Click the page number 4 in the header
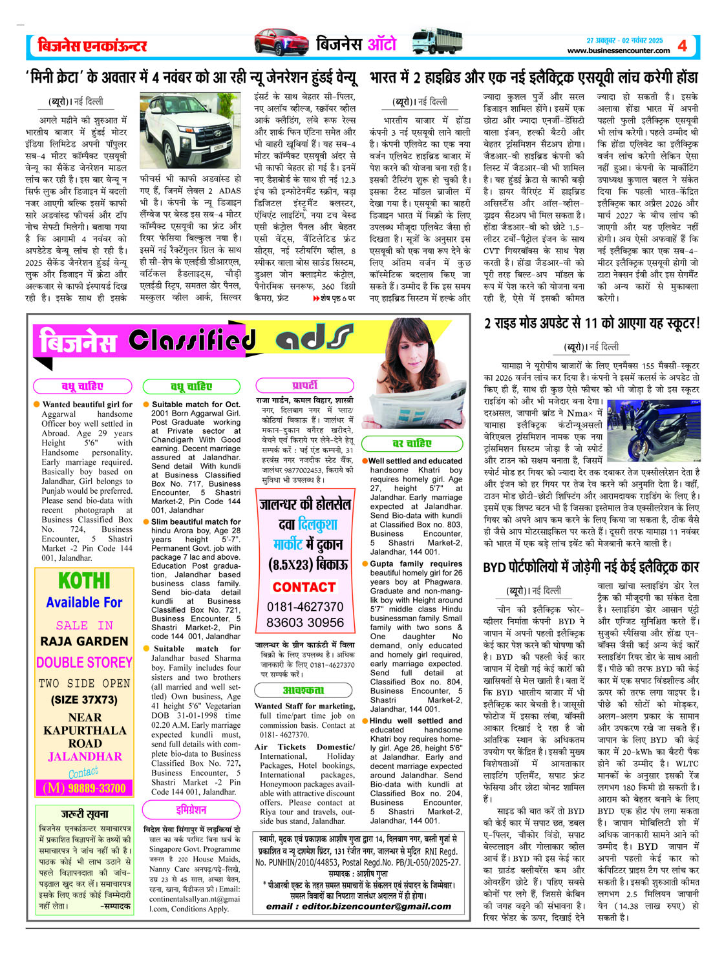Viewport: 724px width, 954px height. click(683, 45)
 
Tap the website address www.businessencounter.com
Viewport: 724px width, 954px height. click(618, 50)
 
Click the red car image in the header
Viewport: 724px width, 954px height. click(281, 43)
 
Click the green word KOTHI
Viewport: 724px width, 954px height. click(84, 580)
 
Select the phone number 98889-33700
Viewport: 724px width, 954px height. click(84, 788)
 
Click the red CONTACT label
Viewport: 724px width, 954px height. click(304, 587)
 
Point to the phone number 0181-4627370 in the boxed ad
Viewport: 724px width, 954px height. click(305, 606)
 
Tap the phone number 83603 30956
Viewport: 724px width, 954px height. click(305, 622)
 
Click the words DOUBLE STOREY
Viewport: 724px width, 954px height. click(84, 662)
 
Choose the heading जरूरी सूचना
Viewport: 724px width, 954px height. click(85, 814)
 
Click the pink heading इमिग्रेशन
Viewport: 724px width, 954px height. click(191, 810)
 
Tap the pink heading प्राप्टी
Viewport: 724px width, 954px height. click(304, 385)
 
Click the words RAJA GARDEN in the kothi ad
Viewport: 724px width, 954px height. click(84, 641)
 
